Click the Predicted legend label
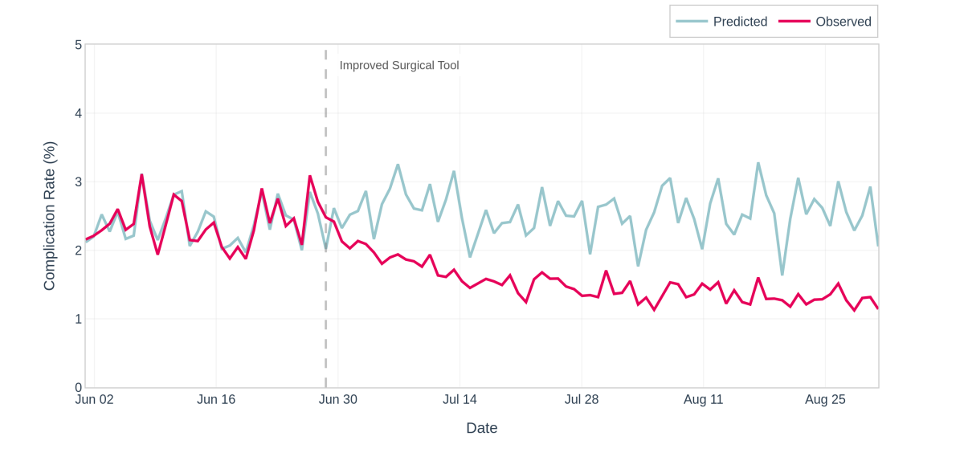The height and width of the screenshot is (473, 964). tap(740, 22)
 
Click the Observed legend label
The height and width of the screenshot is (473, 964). tap(843, 22)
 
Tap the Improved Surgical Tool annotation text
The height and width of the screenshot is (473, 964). tap(399, 65)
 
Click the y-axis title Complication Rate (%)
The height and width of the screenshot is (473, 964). tap(49, 216)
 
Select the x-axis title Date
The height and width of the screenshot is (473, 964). tap(481, 428)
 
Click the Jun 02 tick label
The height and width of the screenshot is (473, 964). tap(94, 399)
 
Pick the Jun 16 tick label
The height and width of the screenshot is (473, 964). tap(216, 399)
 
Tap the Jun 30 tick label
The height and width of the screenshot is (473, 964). tap(337, 399)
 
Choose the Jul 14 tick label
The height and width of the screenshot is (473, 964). tap(460, 399)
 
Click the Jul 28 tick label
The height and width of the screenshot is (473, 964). tap(582, 399)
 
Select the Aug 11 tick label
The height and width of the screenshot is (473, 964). tap(703, 399)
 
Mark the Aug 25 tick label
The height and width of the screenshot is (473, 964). tap(825, 399)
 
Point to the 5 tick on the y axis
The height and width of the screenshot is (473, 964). tap(78, 45)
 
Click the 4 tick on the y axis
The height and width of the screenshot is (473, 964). tap(78, 113)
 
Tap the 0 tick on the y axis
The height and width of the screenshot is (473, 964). tap(78, 388)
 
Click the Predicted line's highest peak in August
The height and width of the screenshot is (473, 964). tap(758, 164)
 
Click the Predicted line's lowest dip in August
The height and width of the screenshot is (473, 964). tap(782, 275)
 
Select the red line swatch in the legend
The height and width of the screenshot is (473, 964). tap(794, 22)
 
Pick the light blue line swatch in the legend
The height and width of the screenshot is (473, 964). tap(691, 22)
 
